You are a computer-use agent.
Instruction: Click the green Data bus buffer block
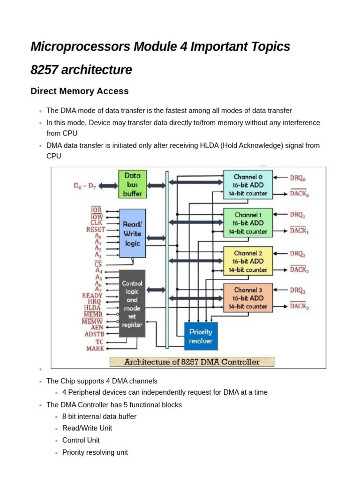[132, 184]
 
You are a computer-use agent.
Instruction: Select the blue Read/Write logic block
[132, 233]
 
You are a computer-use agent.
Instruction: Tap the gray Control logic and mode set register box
[132, 303]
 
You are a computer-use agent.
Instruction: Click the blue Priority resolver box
[201, 336]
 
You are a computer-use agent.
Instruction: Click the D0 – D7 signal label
[85, 186]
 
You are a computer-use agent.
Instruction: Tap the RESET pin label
[96, 230]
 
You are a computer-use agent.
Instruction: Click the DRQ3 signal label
[298, 291]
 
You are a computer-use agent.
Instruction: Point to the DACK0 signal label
[300, 194]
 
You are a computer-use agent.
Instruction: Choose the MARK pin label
[95, 349]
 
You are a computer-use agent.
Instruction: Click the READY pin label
[92, 296]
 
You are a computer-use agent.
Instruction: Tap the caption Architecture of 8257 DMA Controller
[192, 362]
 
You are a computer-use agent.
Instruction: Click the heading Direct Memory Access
[79, 91]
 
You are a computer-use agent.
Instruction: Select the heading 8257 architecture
[81, 70]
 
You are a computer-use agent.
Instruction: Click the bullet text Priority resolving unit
[95, 452]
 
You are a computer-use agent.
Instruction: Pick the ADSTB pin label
[94, 335]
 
